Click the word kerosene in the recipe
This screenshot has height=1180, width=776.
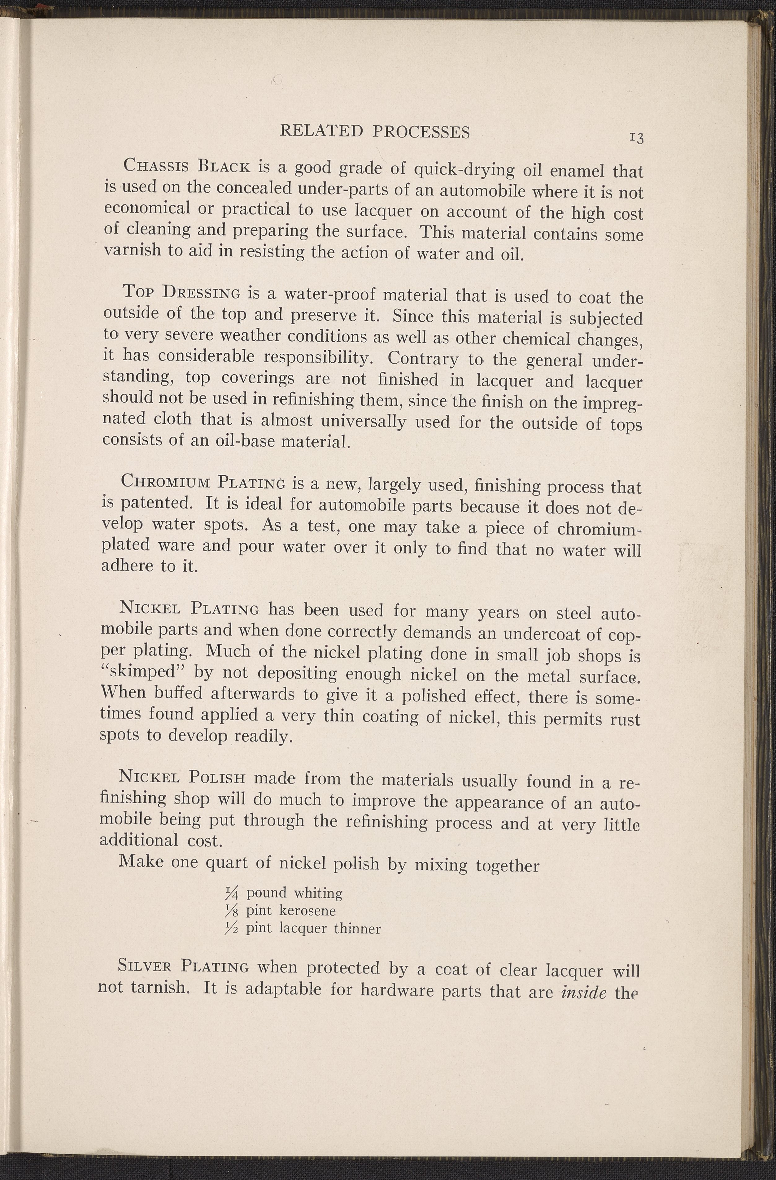[307, 911]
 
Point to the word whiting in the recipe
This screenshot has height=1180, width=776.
[318, 894]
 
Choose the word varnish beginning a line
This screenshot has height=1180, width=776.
[133, 250]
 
